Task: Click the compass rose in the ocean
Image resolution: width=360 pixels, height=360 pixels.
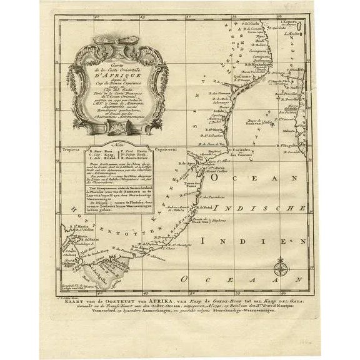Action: tap(279, 269)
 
